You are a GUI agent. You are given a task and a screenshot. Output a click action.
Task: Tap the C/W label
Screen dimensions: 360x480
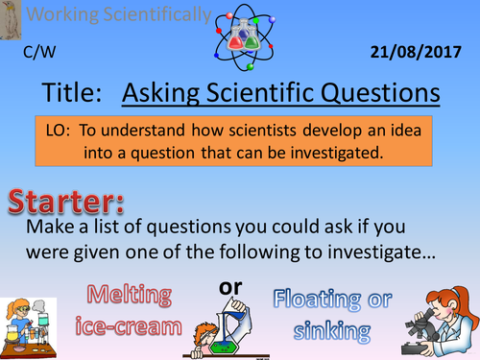pos(37,53)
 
